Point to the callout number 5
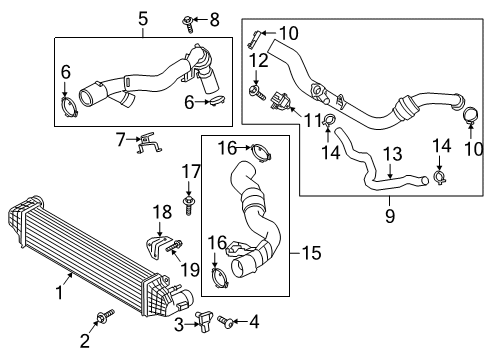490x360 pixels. pos(142,19)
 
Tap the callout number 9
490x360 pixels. pos(389,213)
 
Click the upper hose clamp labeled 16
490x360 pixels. pos(259,152)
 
